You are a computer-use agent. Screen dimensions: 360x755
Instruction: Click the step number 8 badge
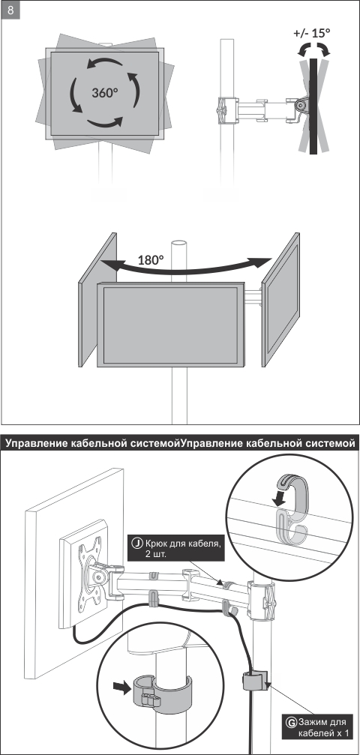pos(10,10)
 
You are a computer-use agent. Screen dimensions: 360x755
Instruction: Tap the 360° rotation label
pos(105,92)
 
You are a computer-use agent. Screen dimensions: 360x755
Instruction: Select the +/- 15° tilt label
pos(312,33)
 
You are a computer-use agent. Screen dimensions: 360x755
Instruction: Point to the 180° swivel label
pos(151,260)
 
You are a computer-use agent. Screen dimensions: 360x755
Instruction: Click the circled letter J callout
pos(137,544)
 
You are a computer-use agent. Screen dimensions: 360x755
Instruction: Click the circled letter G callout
pos(291,722)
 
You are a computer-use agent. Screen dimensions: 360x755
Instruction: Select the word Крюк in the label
pos(157,544)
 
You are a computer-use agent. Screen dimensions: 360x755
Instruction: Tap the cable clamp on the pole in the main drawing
pos(253,679)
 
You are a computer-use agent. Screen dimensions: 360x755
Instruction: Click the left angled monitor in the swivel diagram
pos(97,300)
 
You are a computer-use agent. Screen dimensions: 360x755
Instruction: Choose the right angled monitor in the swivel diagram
pos(280,299)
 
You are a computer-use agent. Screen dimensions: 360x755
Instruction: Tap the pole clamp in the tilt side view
pos(227,110)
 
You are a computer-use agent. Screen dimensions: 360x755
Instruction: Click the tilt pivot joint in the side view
pos(300,106)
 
